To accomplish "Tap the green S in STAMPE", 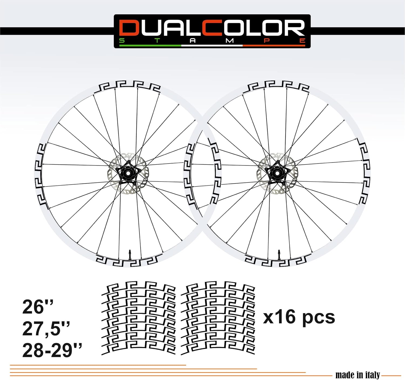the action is pos(122,41).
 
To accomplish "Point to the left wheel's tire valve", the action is pos(129,254).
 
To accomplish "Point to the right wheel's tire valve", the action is pos(279,254).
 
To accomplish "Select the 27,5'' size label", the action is pos(46,329).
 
